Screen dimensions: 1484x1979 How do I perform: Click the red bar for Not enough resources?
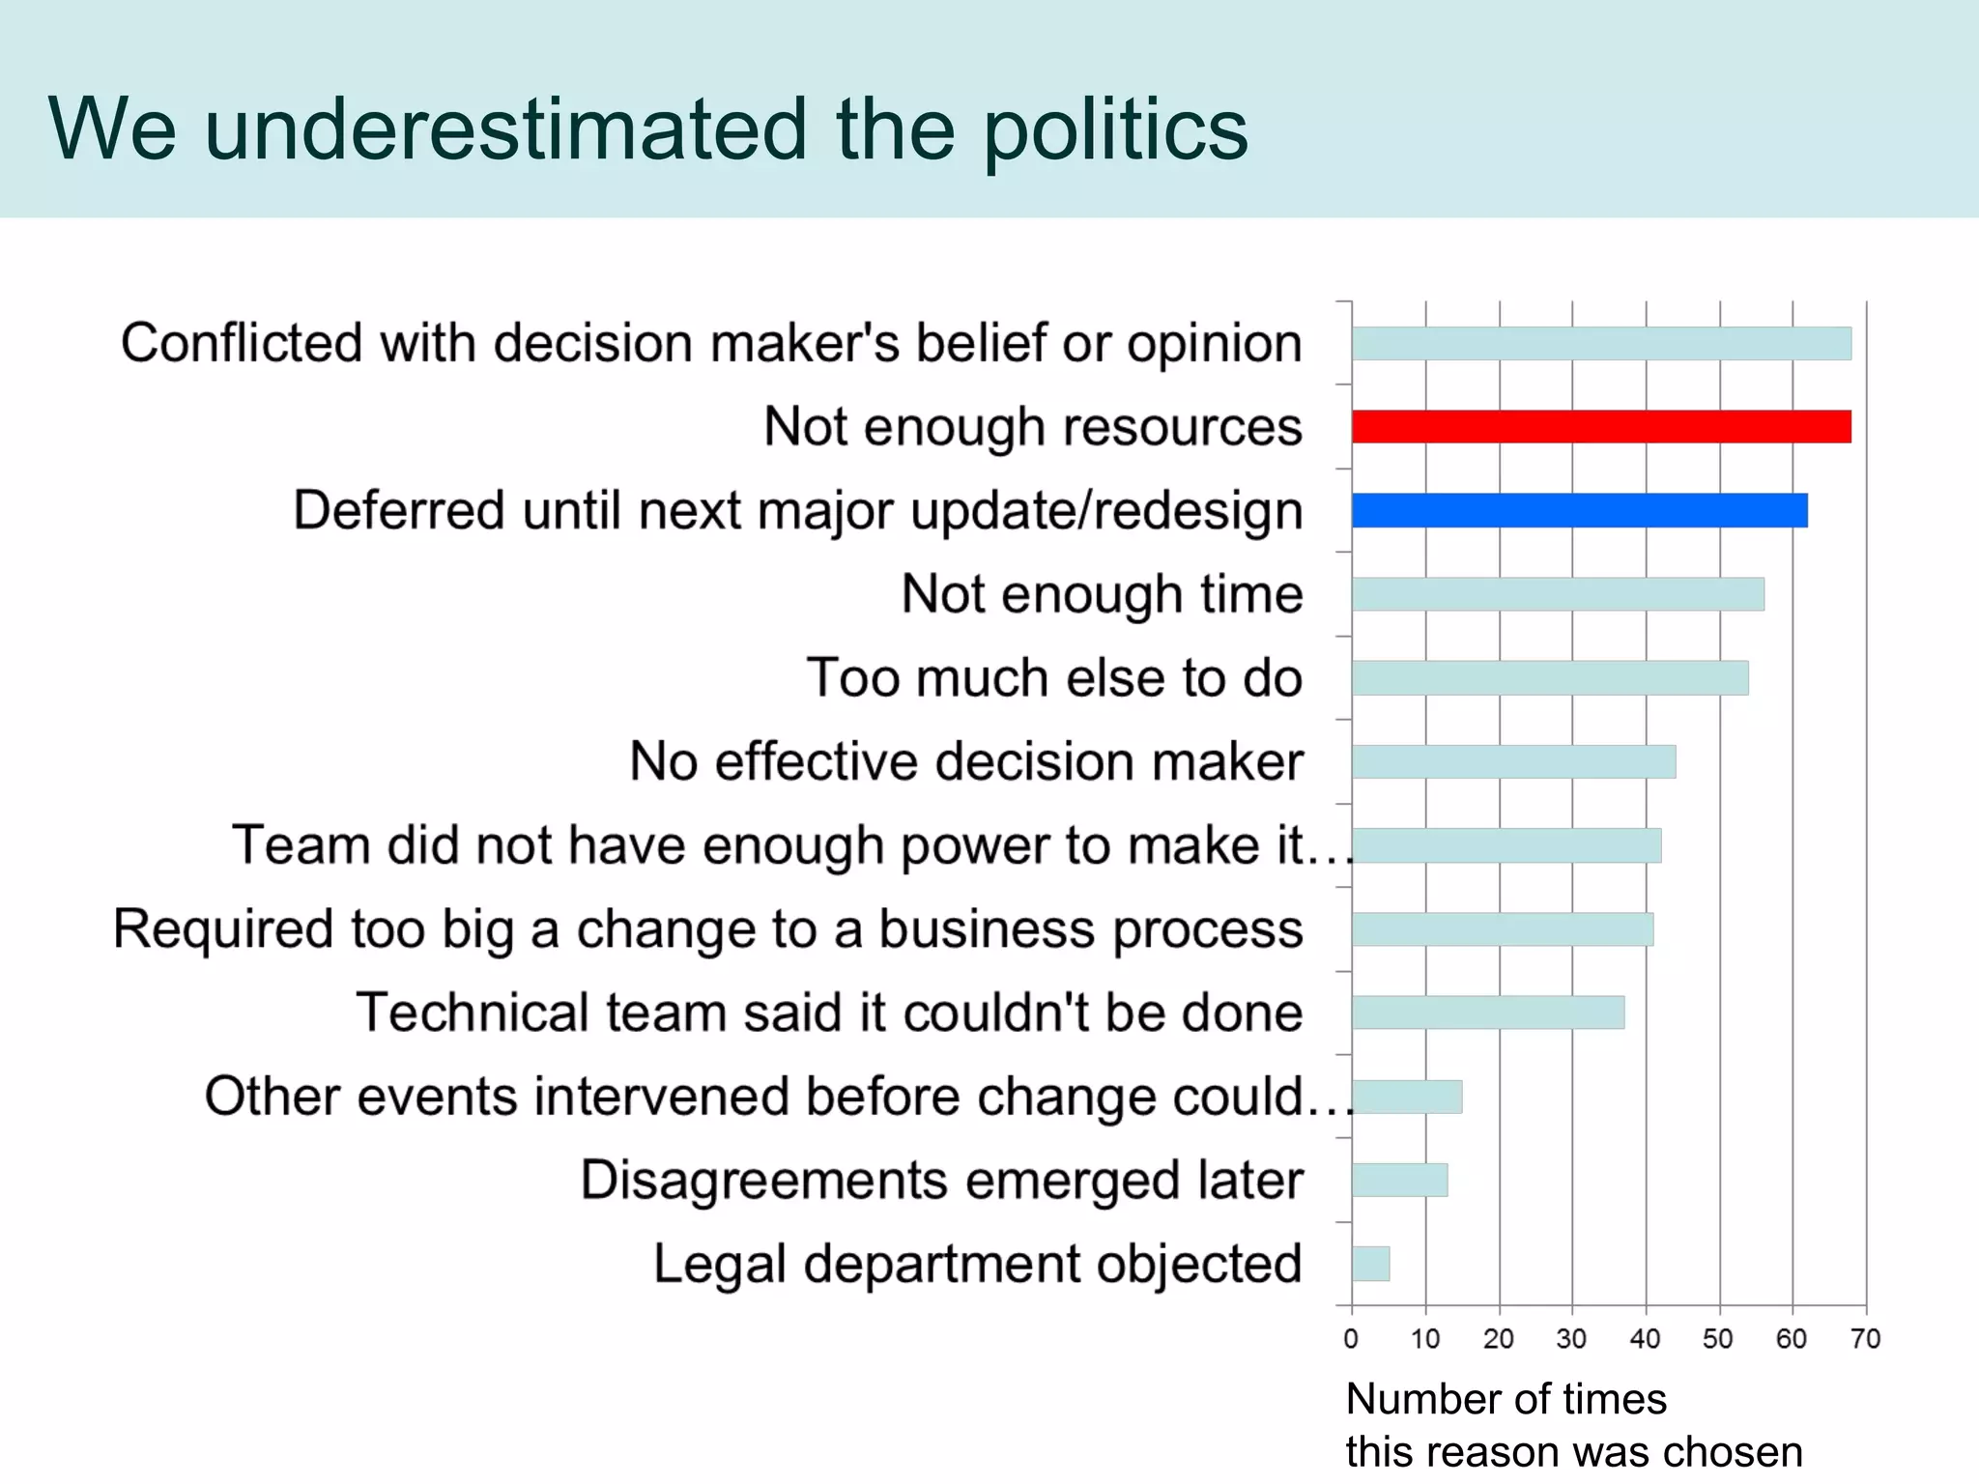click(x=1601, y=426)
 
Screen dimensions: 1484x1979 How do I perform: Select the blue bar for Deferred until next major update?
click(x=1579, y=510)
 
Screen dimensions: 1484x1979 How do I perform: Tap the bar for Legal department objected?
click(x=1370, y=1264)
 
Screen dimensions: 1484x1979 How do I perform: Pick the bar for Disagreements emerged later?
click(x=1399, y=1180)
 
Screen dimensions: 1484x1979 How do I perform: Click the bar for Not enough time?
click(x=1558, y=594)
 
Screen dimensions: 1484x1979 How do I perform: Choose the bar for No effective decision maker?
click(x=1513, y=761)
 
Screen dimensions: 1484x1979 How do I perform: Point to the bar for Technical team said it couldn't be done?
click(x=1488, y=1013)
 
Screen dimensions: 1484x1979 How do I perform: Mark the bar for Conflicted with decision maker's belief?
click(x=1601, y=343)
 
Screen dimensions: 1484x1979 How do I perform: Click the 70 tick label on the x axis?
click(x=1866, y=1339)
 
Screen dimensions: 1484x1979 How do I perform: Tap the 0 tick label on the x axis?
click(x=1351, y=1339)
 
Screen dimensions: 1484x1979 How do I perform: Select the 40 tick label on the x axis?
click(x=1645, y=1339)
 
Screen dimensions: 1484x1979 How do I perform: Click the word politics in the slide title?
click(x=1115, y=130)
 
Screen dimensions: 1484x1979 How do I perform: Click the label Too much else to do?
click(x=1054, y=677)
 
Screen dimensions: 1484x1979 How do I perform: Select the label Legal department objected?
click(x=978, y=1264)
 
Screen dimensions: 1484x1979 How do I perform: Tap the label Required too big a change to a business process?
click(x=708, y=929)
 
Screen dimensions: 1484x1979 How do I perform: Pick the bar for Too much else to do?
click(x=1550, y=678)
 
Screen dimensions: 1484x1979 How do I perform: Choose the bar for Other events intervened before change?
click(x=1407, y=1097)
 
